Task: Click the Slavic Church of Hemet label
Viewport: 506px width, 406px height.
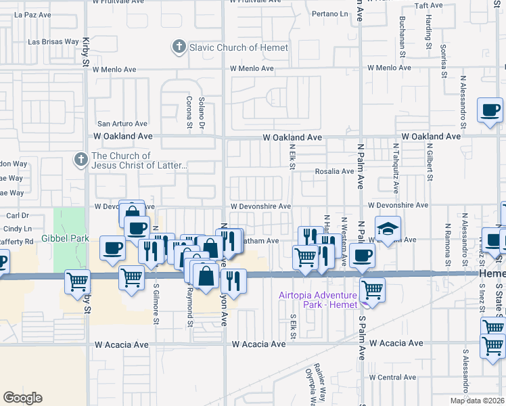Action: tap(239, 47)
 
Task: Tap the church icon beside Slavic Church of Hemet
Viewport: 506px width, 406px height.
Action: tap(179, 47)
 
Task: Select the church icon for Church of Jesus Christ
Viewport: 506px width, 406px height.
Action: tap(80, 160)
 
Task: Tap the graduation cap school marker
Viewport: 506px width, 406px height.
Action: tap(388, 228)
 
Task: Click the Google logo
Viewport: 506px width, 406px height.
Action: tap(22, 398)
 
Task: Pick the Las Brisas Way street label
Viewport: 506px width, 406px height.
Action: tap(53, 41)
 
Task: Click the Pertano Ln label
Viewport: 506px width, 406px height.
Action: tap(330, 14)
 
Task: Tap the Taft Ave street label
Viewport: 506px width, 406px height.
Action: tap(428, 5)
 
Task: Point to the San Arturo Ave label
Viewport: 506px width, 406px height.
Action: tap(122, 124)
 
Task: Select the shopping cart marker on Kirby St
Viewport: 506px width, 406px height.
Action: tap(77, 281)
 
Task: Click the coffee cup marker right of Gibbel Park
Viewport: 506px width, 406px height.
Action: tap(112, 247)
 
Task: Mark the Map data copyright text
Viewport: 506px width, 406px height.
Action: tap(477, 401)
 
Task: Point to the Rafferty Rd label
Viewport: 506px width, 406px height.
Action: tap(16, 242)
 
